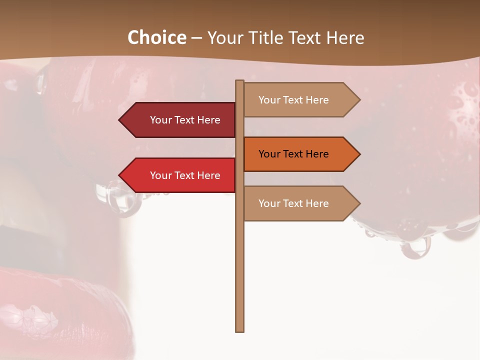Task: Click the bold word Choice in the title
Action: pos(156,38)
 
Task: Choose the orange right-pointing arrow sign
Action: pos(300,154)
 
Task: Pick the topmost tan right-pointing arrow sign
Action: pos(300,100)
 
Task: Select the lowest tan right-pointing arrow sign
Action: pos(300,203)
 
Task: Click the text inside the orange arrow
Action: pos(293,154)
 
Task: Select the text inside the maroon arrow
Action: pos(185,120)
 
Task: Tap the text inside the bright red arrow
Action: pos(185,175)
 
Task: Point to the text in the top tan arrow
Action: pos(293,100)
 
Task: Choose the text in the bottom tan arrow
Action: pos(293,203)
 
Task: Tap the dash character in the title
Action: pos(196,38)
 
